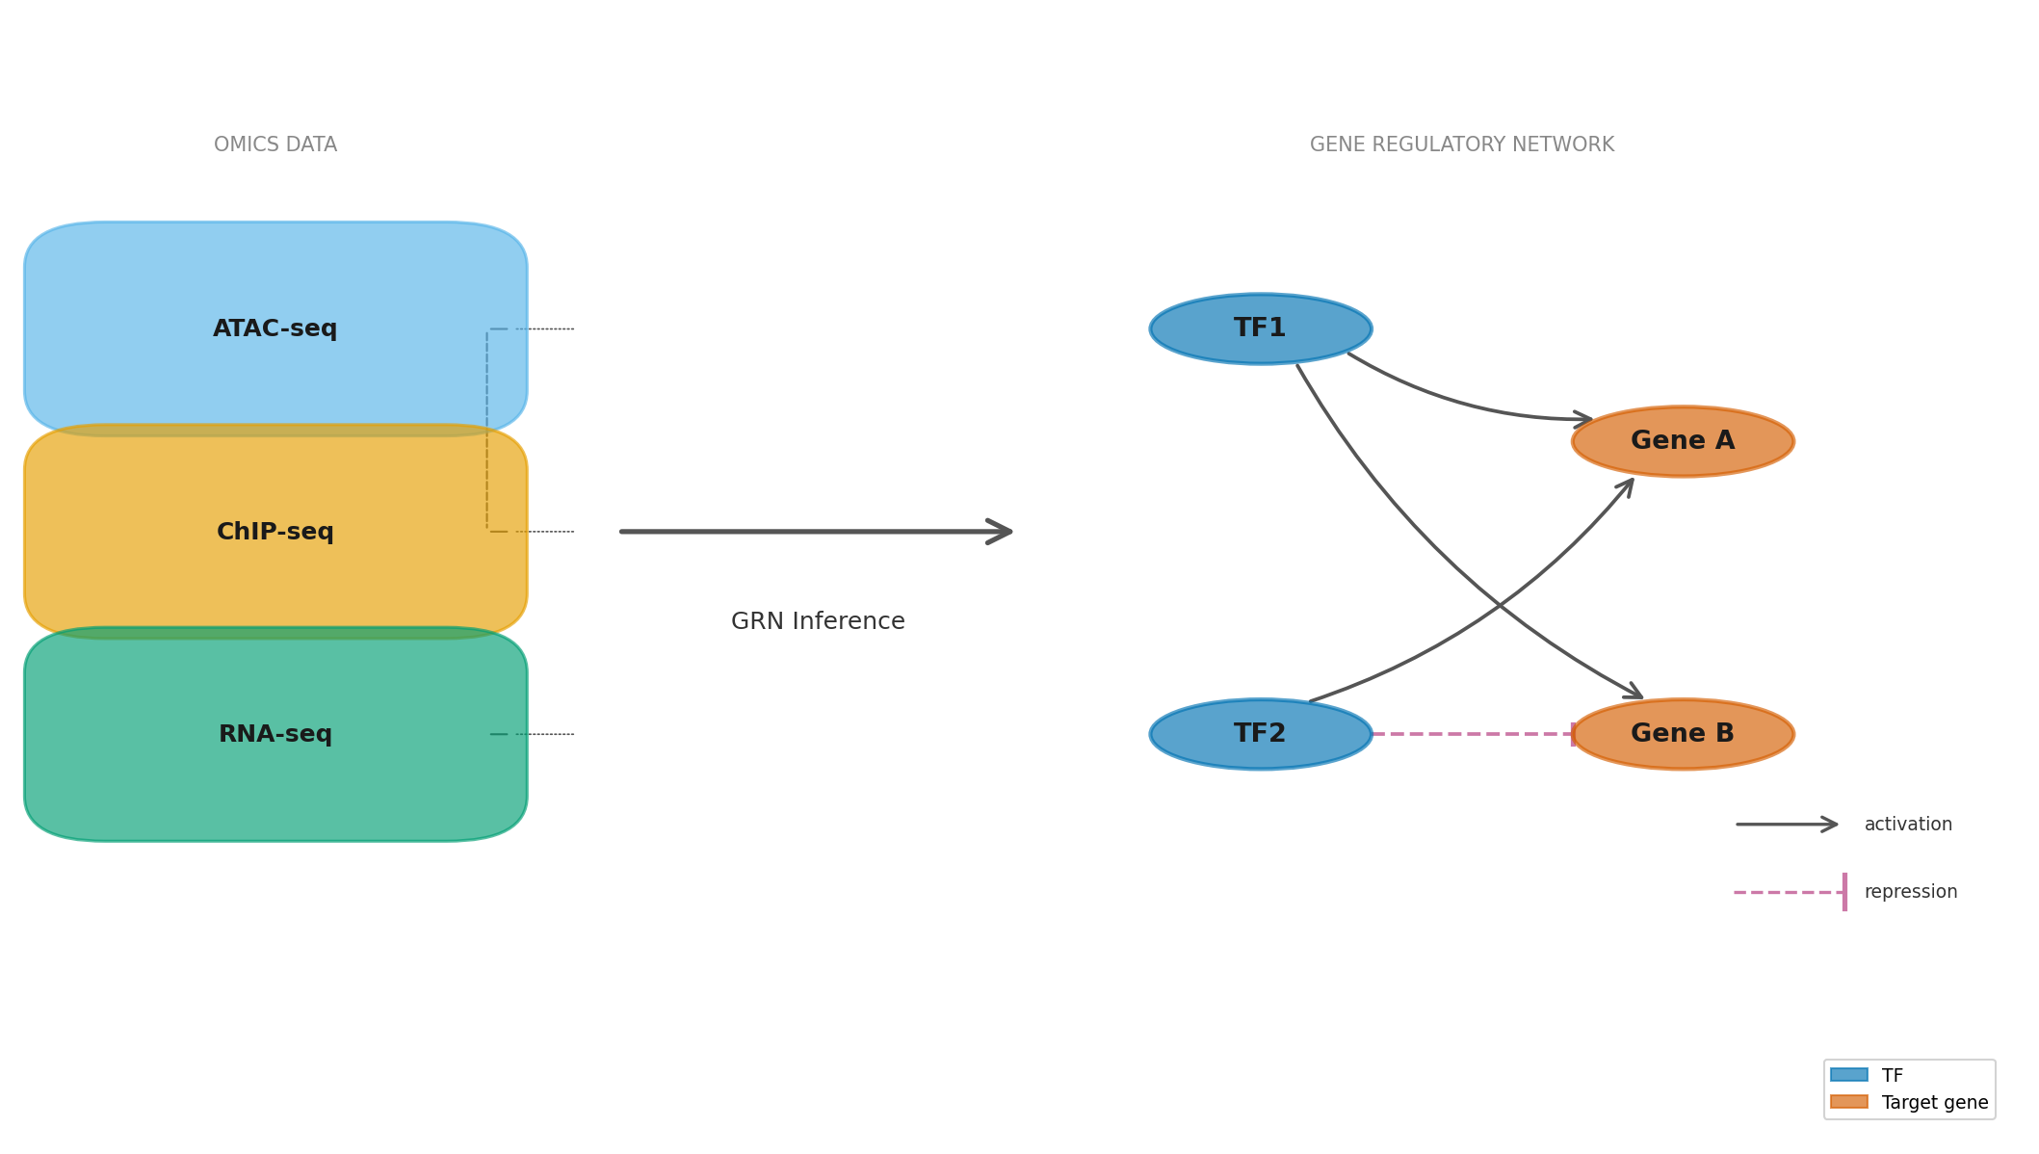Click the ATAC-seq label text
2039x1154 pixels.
coord(274,329)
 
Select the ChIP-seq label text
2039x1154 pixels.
coord(274,532)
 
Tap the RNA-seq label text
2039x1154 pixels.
coord(274,734)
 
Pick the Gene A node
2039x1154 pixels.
coord(1682,441)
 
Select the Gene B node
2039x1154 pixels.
coord(1682,734)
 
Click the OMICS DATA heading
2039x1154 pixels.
coord(274,144)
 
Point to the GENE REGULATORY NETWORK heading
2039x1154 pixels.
coord(1461,144)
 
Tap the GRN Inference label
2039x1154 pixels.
coord(818,621)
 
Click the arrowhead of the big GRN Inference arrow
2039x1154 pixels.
coord(1002,531)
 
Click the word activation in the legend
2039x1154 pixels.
coord(1907,825)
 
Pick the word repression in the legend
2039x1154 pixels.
coord(1910,892)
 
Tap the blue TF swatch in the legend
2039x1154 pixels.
coord(1848,1075)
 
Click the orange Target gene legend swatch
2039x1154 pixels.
coord(1848,1102)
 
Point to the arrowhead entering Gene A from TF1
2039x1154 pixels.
coord(1582,419)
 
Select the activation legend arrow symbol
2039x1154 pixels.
coord(1787,825)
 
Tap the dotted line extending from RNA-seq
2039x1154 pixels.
coord(544,734)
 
